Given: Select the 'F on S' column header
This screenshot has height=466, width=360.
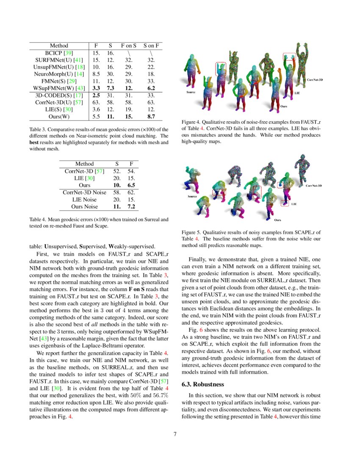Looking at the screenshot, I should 128,46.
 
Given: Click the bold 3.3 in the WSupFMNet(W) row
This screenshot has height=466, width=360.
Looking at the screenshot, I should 96,88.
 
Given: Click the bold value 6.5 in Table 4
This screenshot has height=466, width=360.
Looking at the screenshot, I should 131,185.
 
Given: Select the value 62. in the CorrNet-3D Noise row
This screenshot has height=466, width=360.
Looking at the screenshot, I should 131,192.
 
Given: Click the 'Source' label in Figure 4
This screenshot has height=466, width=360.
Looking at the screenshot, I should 191,92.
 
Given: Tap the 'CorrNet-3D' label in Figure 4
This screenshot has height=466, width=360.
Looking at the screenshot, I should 315,80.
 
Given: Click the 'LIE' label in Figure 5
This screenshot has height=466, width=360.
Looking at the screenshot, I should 294,204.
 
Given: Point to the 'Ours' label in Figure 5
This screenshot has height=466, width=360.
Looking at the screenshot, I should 277,220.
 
